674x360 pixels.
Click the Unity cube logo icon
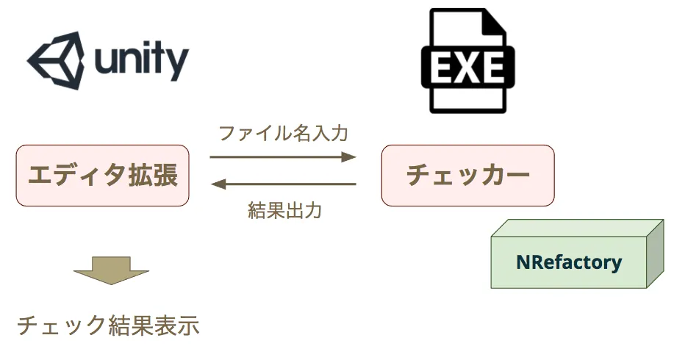tap(56, 60)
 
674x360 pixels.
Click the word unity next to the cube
tap(142, 61)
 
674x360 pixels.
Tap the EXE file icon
tap(467, 60)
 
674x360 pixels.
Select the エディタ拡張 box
tap(102, 176)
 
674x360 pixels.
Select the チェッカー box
tap(467, 176)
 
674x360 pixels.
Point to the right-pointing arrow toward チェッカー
tap(283, 156)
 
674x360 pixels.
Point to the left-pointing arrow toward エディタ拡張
tap(284, 184)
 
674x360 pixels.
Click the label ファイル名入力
tap(283, 133)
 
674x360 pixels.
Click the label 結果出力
tap(284, 211)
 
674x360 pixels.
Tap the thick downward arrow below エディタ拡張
tap(111, 270)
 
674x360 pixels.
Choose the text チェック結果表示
tap(108, 325)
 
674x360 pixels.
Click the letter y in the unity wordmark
tap(178, 65)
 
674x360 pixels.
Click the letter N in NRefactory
tap(523, 262)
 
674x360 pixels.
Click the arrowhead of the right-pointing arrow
tap(348, 156)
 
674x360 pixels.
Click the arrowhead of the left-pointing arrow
tap(219, 184)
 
